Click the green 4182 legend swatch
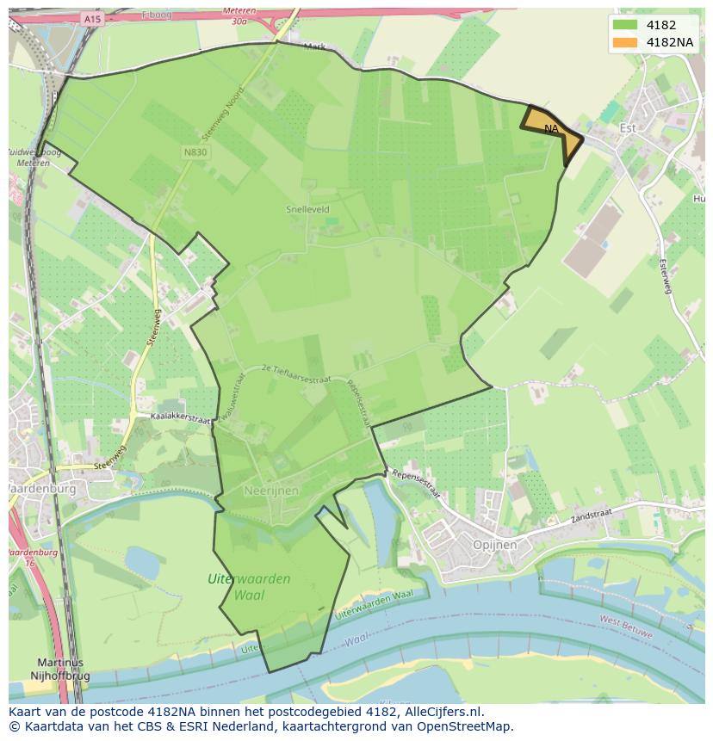pyautogui.click(x=626, y=25)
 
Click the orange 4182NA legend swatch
pyautogui.click(x=626, y=43)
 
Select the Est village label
pyautogui.click(x=628, y=128)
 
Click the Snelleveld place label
pyautogui.click(x=307, y=209)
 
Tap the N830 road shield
pyautogui.click(x=194, y=151)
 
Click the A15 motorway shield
pyautogui.click(x=92, y=18)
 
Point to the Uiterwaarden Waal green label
pyautogui.click(x=249, y=586)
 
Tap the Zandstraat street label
pyautogui.click(x=591, y=513)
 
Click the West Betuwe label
pyautogui.click(x=624, y=625)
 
